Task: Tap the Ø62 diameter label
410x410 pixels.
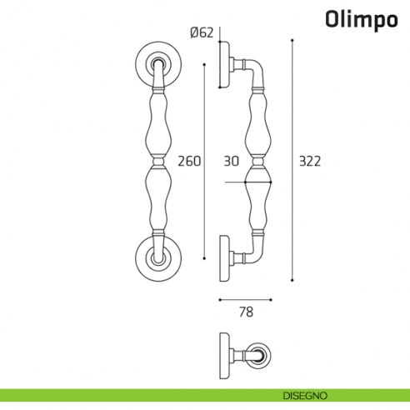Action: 202,33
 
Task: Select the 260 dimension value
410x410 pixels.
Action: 190,161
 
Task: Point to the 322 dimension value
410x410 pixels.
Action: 310,161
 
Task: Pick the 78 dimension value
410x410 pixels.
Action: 245,312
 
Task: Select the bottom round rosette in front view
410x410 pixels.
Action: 157,258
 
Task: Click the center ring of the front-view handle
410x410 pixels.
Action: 157,159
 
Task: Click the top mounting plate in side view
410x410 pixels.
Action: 222,64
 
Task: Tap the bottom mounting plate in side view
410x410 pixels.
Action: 222,258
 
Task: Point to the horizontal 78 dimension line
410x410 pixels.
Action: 245,298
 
